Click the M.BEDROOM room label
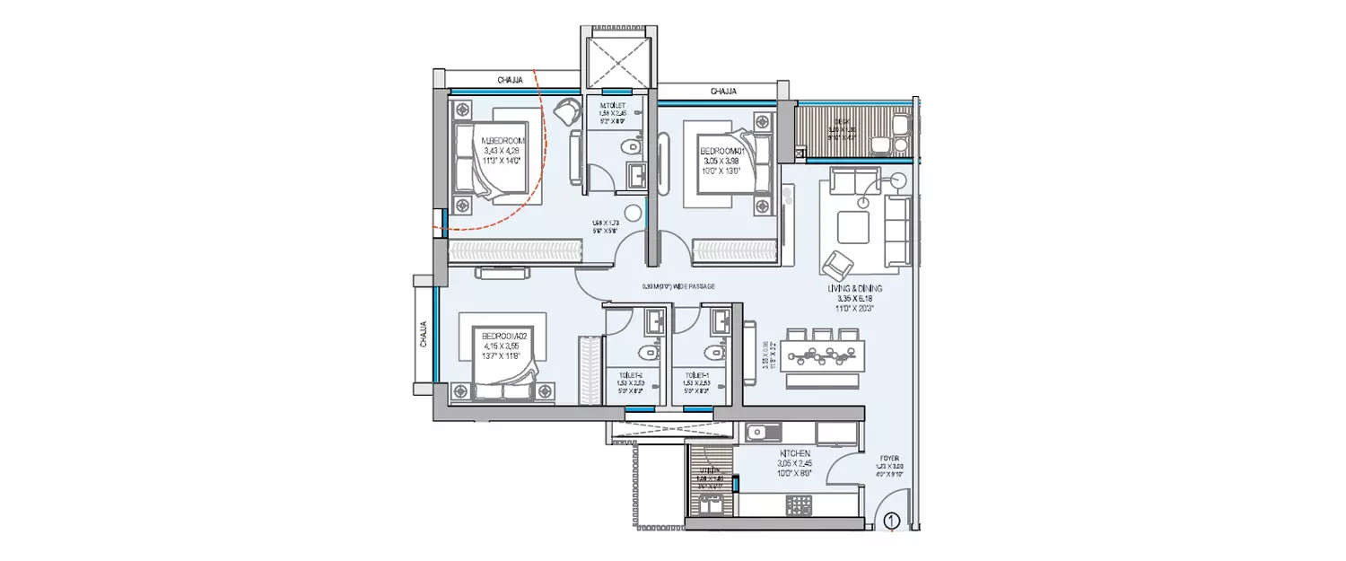click(x=503, y=141)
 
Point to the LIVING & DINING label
click(x=855, y=288)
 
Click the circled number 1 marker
click(x=891, y=520)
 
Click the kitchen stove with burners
click(x=799, y=505)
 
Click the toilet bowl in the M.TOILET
click(x=634, y=146)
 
